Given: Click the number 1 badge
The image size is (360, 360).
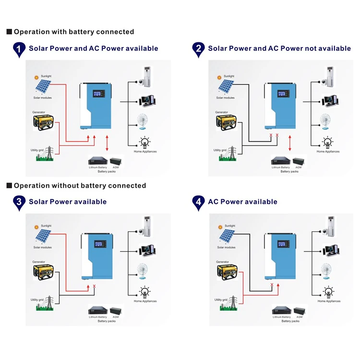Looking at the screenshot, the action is click(x=19, y=49).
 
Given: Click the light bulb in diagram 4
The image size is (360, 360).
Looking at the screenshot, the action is click(x=328, y=291).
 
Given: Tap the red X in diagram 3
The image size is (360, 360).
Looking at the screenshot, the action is click(x=94, y=287).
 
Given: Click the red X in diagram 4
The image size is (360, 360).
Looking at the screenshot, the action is click(x=272, y=285).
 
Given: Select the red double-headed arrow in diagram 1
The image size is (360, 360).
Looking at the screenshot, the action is click(x=107, y=143).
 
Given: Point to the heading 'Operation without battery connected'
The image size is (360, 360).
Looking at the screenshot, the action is click(x=80, y=186).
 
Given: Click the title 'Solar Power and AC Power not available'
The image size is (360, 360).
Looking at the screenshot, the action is click(x=279, y=48).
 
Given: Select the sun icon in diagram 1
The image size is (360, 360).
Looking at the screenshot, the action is click(x=36, y=77).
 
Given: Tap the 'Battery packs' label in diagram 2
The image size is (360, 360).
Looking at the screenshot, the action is click(x=289, y=171).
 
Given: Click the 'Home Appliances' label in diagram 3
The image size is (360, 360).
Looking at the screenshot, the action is click(x=145, y=301).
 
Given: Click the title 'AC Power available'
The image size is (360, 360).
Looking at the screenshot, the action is click(x=242, y=202).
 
